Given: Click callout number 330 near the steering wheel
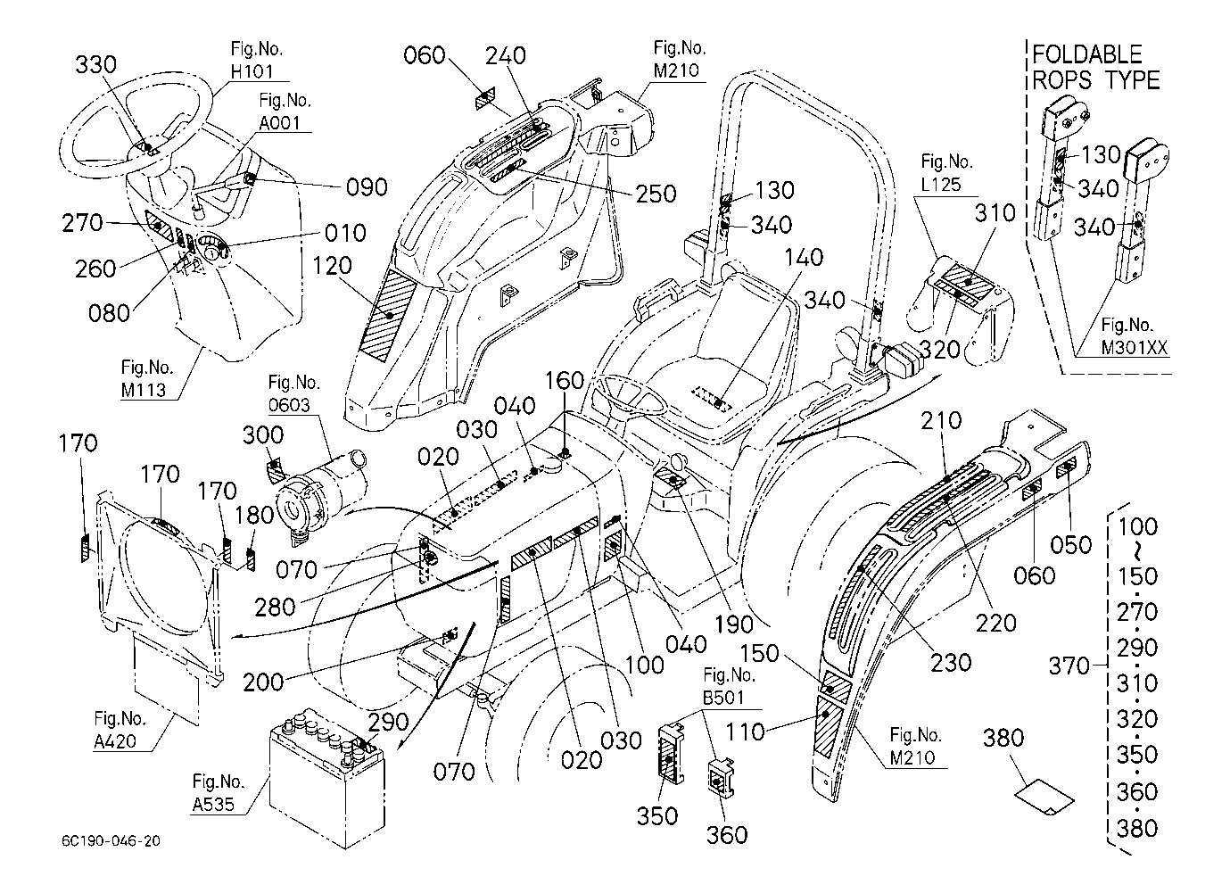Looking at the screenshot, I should click(x=95, y=66).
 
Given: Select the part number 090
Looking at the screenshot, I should click(x=366, y=187).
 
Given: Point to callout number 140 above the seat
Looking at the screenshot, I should click(x=804, y=259).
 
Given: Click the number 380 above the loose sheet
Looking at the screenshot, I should click(x=1003, y=739).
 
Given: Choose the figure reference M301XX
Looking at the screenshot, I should click(x=1134, y=348).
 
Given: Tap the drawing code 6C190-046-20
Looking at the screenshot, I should click(x=112, y=841).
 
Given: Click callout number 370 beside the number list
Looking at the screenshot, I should click(x=1069, y=666).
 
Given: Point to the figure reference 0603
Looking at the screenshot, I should click(x=290, y=406).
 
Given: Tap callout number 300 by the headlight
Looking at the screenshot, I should click(x=263, y=435).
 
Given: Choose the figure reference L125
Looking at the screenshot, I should click(x=947, y=186).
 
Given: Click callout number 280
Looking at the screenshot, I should click(x=275, y=608).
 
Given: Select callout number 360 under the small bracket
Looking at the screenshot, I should click(x=727, y=835).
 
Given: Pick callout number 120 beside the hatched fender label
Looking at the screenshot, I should click(x=332, y=266).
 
